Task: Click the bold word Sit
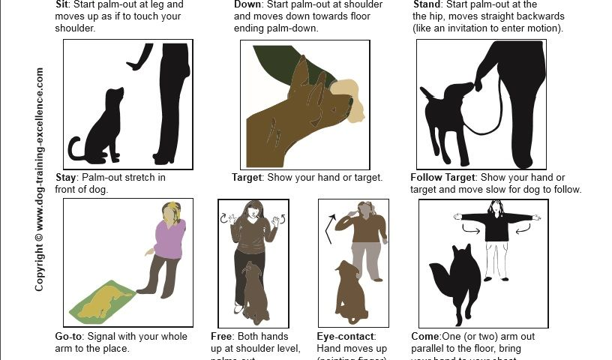coord(63,4)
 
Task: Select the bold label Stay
coord(67,178)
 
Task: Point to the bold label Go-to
coord(70,337)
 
